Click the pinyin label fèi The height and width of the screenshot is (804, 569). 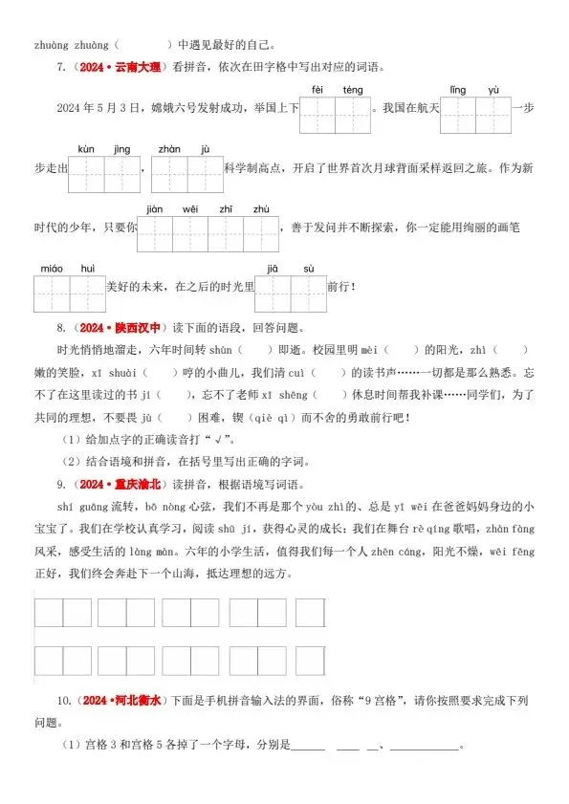click(317, 90)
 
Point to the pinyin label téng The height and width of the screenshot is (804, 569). click(353, 90)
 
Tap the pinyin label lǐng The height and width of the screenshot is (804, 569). click(457, 90)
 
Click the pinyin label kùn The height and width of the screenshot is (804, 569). click(87, 149)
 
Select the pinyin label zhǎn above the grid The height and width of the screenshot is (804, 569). click(168, 149)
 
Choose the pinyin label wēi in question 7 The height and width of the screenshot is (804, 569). click(189, 208)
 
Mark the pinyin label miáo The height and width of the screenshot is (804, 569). click(51, 268)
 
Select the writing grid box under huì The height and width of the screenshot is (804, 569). click(87, 293)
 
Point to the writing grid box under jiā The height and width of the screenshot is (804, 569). click(273, 293)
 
